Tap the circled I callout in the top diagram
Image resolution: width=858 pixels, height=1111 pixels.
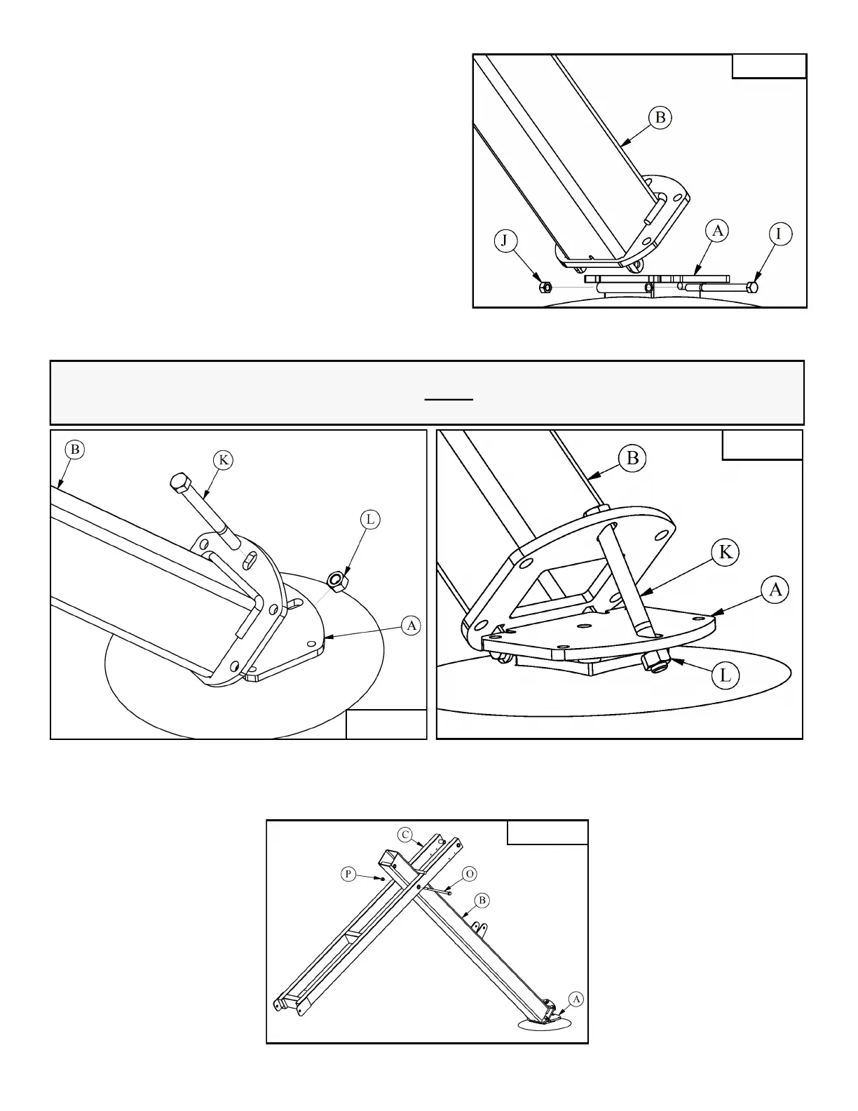[779, 234]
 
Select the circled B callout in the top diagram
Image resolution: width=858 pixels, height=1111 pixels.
[660, 117]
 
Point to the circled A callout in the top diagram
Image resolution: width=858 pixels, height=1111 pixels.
[716, 230]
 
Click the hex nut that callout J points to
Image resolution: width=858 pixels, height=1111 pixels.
[545, 287]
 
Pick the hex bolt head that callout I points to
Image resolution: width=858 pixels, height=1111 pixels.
[752, 287]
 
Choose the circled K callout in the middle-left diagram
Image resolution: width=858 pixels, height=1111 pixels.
[223, 460]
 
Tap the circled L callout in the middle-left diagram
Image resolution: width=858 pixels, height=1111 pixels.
[369, 520]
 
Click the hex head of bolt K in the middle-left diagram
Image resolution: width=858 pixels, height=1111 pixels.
[179, 483]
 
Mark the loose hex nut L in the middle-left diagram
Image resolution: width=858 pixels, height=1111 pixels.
[336, 580]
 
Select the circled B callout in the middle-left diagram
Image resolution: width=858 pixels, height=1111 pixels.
[74, 449]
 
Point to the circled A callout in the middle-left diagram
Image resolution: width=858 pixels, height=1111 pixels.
[411, 625]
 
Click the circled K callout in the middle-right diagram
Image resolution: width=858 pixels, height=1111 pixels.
[726, 552]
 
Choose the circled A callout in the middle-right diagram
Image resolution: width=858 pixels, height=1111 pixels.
[775, 590]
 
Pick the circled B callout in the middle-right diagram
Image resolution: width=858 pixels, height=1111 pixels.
[632, 458]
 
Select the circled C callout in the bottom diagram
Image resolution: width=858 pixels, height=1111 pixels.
[405, 835]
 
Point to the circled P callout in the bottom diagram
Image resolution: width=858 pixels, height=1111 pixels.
[348, 874]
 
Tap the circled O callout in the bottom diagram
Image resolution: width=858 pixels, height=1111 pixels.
[470, 874]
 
